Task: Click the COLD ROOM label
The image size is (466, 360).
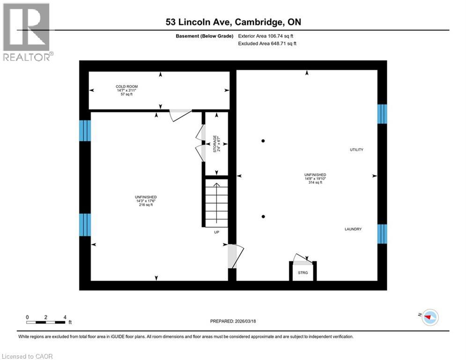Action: (127, 87)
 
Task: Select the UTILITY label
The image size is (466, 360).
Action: (356, 150)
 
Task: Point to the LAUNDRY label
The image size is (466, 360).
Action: (353, 229)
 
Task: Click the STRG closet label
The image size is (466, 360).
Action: (303, 272)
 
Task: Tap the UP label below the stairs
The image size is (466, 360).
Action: (216, 232)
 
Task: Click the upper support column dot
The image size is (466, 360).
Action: (264, 141)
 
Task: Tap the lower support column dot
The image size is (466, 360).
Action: (264, 216)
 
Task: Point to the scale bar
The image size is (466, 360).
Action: (46, 322)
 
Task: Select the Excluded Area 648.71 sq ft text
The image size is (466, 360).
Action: (267, 44)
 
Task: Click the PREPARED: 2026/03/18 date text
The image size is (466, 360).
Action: (235, 321)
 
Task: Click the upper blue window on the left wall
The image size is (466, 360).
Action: (85, 130)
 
